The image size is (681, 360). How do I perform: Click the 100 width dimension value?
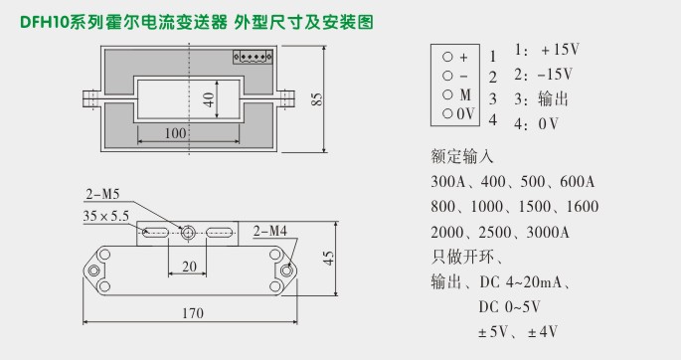(x=175, y=133)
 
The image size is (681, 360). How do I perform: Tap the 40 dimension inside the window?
(x=209, y=99)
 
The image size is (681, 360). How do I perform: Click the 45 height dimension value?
(x=329, y=258)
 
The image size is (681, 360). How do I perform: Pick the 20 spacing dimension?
(x=188, y=267)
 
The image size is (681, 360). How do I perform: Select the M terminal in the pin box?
(x=456, y=94)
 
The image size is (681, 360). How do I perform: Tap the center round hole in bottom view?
(x=188, y=233)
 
